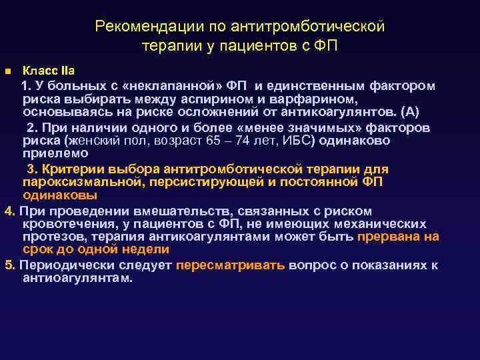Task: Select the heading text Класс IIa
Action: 49,70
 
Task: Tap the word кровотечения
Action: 59,224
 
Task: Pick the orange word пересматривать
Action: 230,265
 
